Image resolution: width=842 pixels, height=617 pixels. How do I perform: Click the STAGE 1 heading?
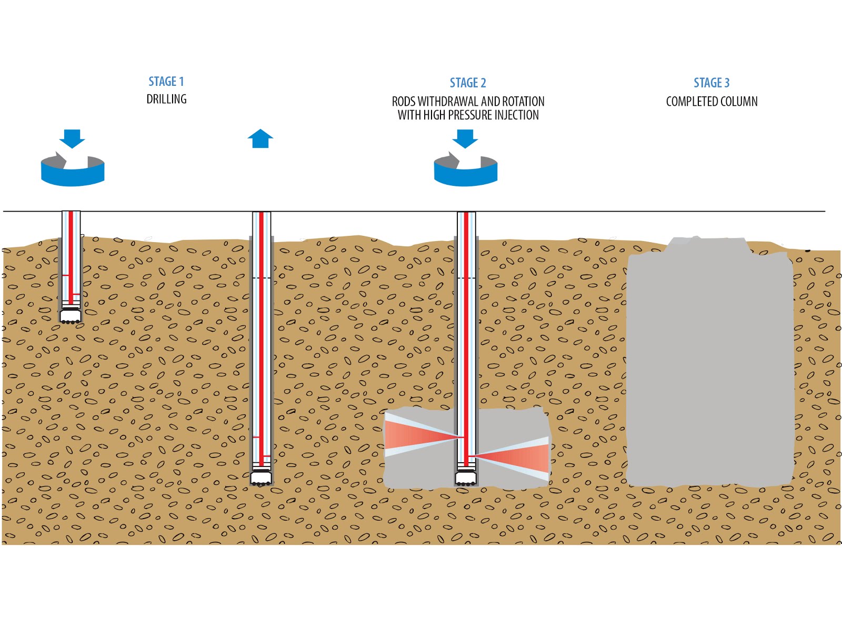[166, 82]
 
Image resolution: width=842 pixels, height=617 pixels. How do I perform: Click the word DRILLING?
[166, 99]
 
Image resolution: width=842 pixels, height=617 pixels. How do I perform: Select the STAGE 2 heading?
[467, 83]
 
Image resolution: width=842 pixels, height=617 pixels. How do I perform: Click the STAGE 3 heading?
[711, 83]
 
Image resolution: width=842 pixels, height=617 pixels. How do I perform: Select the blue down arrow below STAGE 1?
[72, 138]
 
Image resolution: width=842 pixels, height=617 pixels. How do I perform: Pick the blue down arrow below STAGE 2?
[465, 138]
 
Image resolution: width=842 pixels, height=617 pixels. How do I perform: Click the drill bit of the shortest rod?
[70, 316]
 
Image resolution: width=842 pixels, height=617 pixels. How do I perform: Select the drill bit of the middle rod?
[261, 478]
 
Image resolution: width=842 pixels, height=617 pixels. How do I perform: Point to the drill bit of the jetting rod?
[465, 479]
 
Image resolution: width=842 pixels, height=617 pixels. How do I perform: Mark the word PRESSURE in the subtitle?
[467, 115]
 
